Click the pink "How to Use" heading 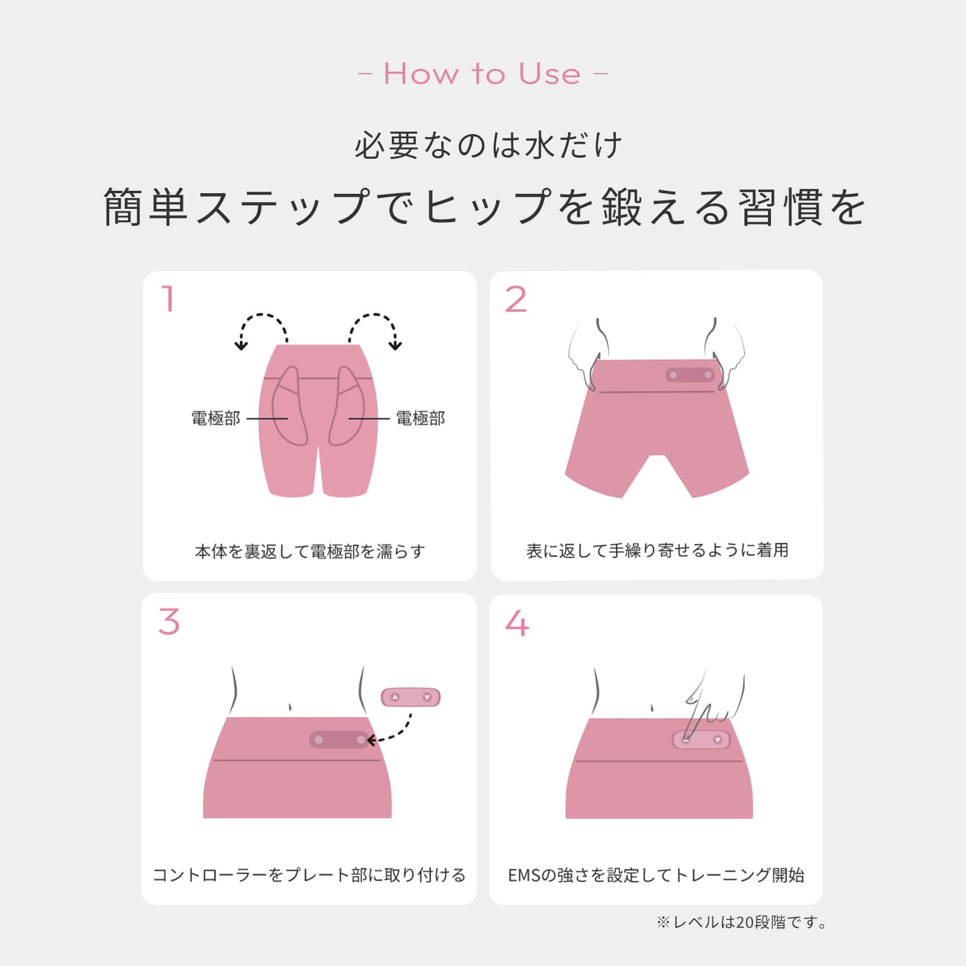coord(482,74)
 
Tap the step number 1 coord(168,299)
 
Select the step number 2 coord(516,300)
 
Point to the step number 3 coord(169,622)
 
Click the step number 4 coord(517,623)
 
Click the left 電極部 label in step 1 coord(216,418)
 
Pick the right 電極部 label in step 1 coord(420,418)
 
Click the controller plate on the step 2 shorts coord(690,375)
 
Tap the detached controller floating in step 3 coord(411,697)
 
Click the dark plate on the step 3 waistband coord(339,740)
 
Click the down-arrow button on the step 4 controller coord(718,740)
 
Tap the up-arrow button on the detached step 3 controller coord(395,697)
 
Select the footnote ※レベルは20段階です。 coord(742,923)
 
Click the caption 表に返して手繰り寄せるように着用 coord(657,551)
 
